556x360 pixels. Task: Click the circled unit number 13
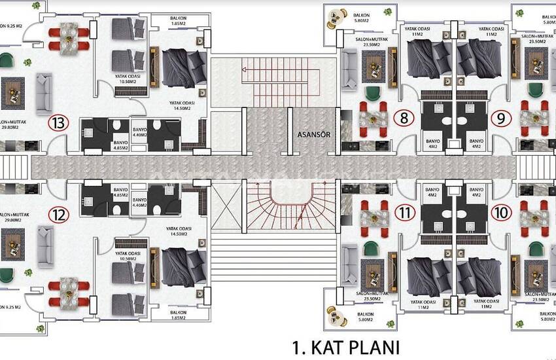coord(59,122)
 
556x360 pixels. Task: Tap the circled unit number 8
coord(405,118)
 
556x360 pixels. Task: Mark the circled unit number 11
coord(405,213)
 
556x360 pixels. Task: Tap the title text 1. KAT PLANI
coord(345,346)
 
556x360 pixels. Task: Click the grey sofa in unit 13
coord(44,94)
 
